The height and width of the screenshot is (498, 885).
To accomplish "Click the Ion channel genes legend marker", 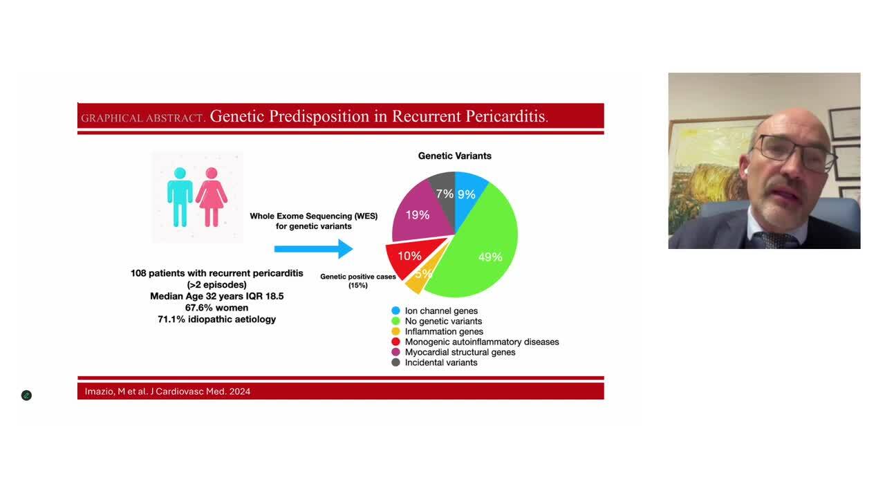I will pyautogui.click(x=395, y=311).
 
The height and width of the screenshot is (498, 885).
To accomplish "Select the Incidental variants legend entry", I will pyautogui.click(x=440, y=362).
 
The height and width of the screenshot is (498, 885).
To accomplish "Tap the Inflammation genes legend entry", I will pyautogui.click(x=443, y=331).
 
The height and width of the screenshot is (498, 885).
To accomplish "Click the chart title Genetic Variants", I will pyautogui.click(x=454, y=156).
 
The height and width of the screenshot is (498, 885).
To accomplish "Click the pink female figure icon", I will pyautogui.click(x=212, y=197).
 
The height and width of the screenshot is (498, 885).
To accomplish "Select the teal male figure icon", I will pyautogui.click(x=180, y=197).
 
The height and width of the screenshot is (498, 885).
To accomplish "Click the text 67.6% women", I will pyautogui.click(x=216, y=308).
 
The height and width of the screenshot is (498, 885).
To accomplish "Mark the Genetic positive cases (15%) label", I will pyautogui.click(x=357, y=280).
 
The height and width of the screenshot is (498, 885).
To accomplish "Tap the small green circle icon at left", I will pyautogui.click(x=26, y=396).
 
